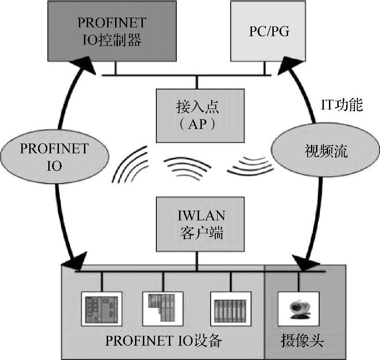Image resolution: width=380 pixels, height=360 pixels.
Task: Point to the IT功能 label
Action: pos(341,105)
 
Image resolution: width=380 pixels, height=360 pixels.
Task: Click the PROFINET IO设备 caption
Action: pos(164,341)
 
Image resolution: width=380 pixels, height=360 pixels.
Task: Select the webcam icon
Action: pos(298,308)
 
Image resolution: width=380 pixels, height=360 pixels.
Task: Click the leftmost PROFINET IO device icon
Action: pos(101,308)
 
